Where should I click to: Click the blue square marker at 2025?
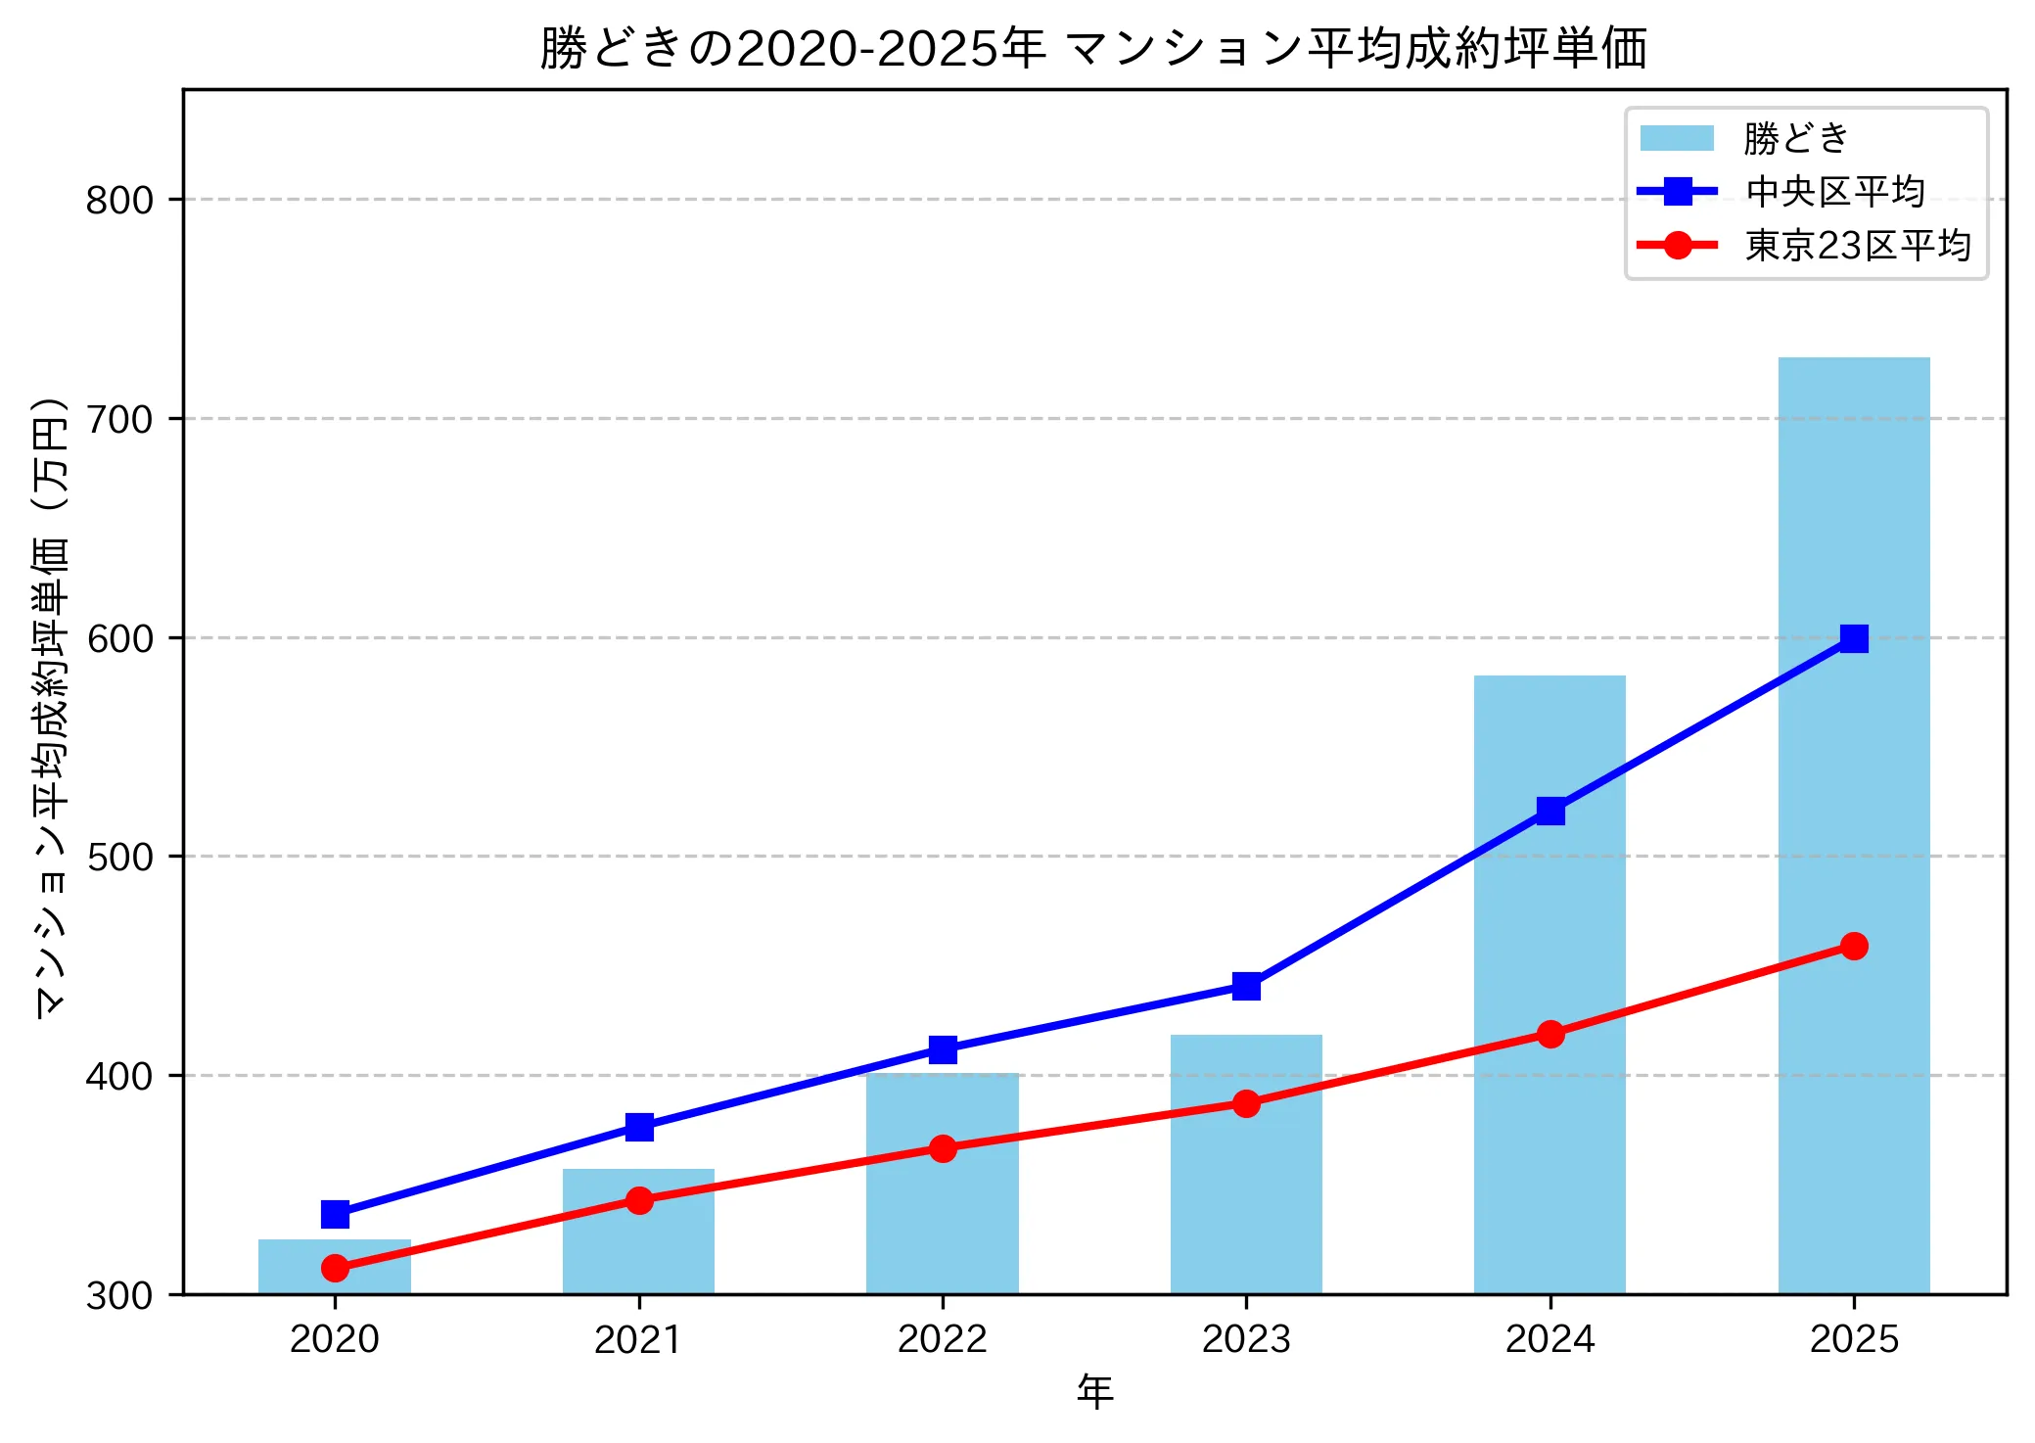pos(1853,638)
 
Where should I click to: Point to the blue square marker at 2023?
pos(1246,986)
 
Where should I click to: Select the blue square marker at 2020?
pos(335,1214)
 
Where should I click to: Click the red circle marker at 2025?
pos(1853,946)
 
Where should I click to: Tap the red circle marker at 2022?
pos(942,1148)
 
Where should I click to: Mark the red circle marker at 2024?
pos(1549,1034)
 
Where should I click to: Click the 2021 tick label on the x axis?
pos(638,1339)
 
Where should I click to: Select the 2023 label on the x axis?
pos(1246,1339)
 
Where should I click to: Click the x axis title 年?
pos(1094,1391)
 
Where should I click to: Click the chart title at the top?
pos(1093,48)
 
